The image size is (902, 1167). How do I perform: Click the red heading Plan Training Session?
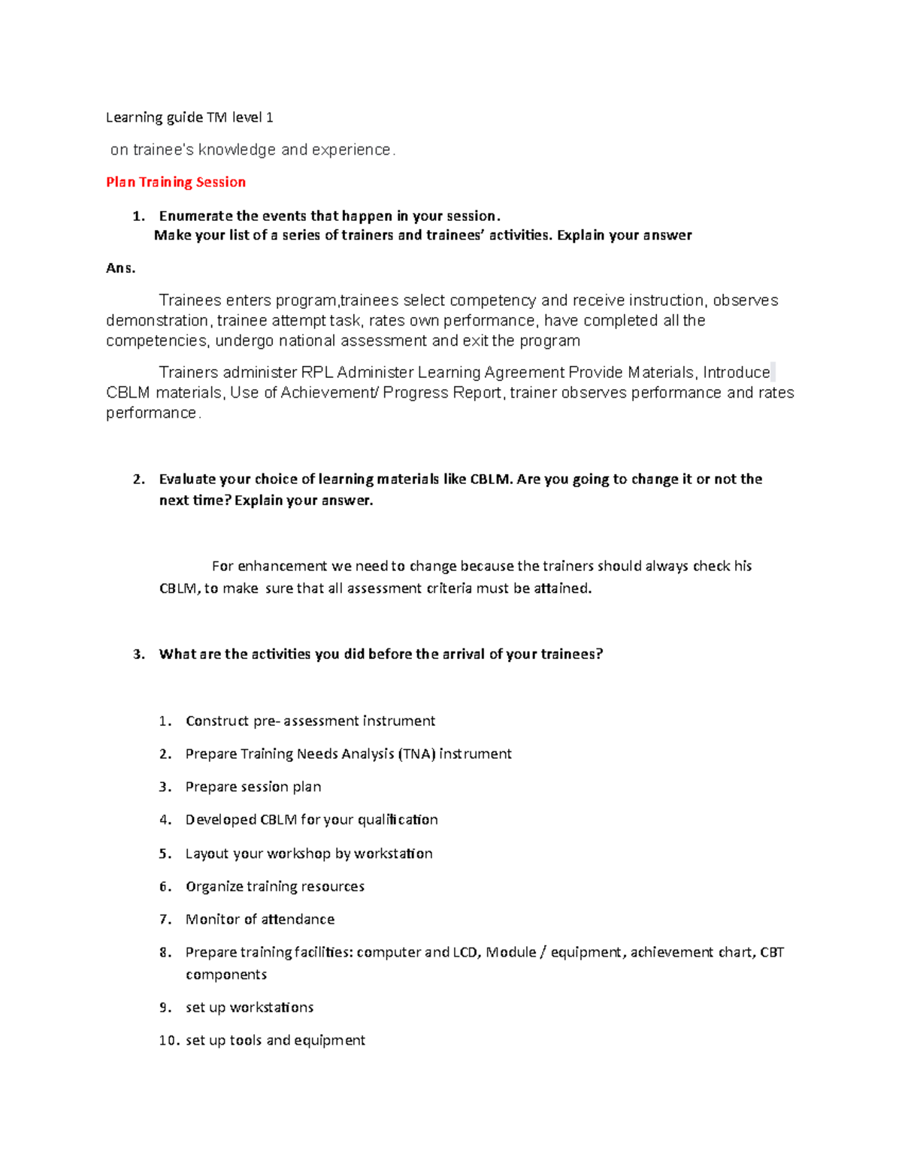click(x=176, y=183)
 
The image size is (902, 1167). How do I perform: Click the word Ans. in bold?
click(x=120, y=268)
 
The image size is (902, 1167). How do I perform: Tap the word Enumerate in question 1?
click(x=195, y=216)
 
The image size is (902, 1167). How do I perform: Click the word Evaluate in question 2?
click(x=187, y=479)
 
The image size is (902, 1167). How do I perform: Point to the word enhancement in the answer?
click(x=282, y=567)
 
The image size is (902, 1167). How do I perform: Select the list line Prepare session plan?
click(x=253, y=788)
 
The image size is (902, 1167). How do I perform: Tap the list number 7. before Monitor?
click(x=165, y=920)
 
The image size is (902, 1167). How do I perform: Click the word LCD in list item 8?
click(x=465, y=953)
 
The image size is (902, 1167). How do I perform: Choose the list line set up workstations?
click(x=250, y=1008)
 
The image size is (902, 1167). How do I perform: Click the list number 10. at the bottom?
click(x=169, y=1041)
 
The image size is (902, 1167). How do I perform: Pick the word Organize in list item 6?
click(x=214, y=887)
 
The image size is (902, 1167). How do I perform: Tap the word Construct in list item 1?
click(x=217, y=721)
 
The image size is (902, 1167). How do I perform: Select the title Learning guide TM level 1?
click(x=189, y=117)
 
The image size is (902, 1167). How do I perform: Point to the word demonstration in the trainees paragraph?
click(x=156, y=321)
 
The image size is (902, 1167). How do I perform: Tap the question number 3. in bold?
click(x=138, y=655)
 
